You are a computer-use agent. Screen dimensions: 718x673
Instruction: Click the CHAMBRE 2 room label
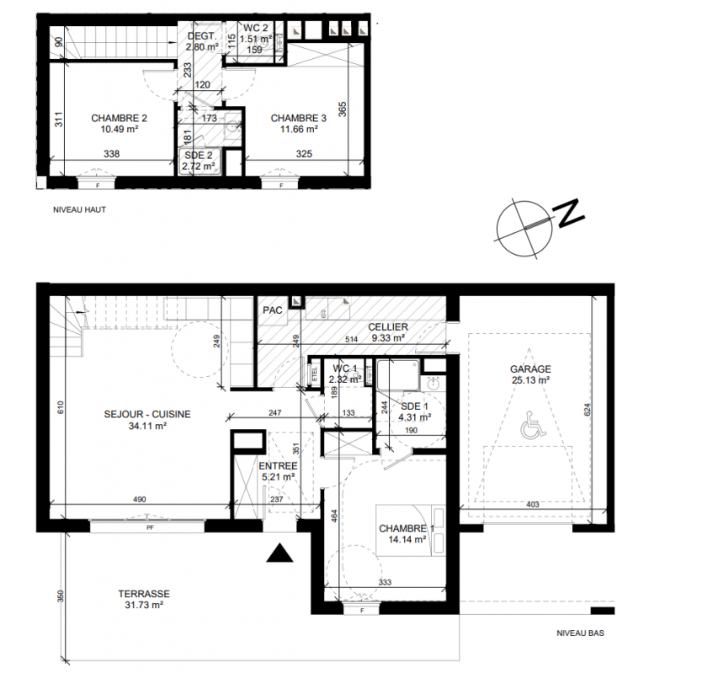point(119,118)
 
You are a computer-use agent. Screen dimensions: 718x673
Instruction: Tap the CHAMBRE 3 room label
point(299,118)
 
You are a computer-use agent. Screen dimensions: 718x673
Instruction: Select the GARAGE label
point(531,368)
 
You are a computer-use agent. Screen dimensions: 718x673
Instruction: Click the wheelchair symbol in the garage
point(534,424)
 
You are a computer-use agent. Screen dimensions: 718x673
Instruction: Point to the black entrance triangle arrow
point(279,553)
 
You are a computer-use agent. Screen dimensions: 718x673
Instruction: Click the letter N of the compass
point(569,212)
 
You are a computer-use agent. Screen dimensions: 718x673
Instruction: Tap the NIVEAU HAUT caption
point(80,210)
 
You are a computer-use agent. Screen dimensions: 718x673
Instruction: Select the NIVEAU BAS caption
point(580,633)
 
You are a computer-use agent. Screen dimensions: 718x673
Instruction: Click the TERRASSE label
point(144,594)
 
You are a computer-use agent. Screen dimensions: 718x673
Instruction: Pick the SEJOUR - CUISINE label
point(147,415)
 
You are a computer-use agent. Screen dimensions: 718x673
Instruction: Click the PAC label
point(273,310)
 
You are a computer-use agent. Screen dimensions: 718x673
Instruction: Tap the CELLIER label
point(388,327)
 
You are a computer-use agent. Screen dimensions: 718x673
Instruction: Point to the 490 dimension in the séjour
point(139,499)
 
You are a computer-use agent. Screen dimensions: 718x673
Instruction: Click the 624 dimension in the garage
point(588,409)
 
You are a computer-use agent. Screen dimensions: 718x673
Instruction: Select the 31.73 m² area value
point(144,605)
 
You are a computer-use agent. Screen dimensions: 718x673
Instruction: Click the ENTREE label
point(278,466)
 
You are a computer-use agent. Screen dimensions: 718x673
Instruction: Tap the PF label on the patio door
point(150,528)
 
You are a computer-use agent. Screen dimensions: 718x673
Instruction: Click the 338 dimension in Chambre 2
point(112,154)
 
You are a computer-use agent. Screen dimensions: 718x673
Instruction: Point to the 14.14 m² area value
point(407,539)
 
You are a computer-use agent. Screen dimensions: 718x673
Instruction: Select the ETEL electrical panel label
point(315,374)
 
